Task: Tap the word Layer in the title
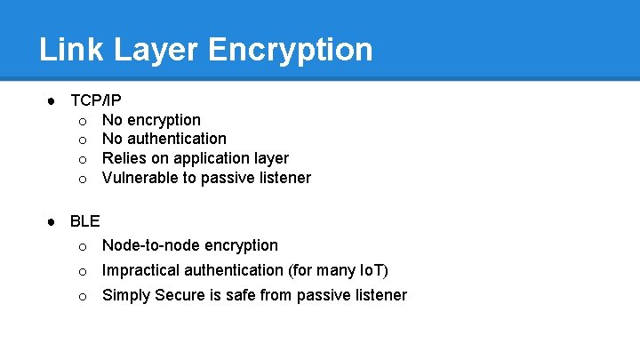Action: click(154, 49)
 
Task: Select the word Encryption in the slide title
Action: click(291, 49)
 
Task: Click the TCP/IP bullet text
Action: click(95, 100)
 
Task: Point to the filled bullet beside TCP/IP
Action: click(52, 100)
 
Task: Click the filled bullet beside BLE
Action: click(52, 221)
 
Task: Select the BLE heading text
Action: click(84, 221)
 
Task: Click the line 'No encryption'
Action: click(151, 120)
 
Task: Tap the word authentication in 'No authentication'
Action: click(176, 139)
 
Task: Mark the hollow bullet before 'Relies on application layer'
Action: click(82, 159)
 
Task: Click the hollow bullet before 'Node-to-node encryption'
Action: click(82, 246)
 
